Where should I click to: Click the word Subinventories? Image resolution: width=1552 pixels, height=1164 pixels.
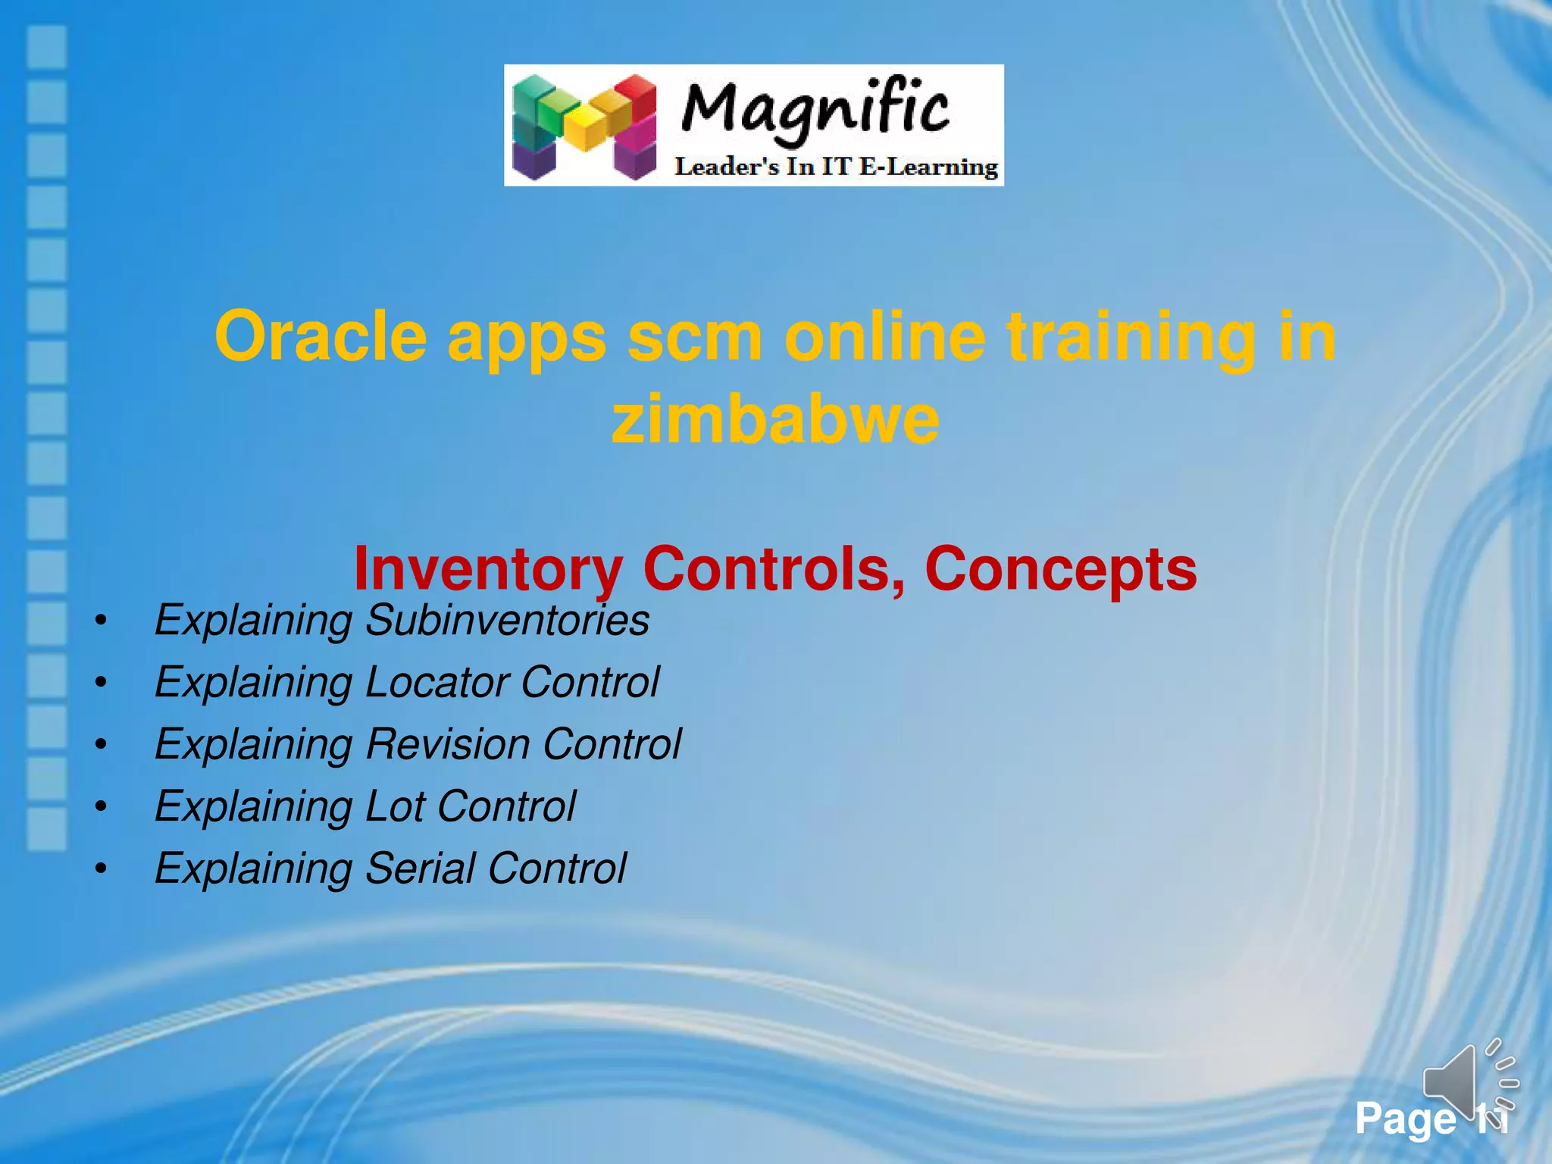pos(507,620)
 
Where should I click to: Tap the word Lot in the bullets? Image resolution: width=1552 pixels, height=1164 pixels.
pos(395,806)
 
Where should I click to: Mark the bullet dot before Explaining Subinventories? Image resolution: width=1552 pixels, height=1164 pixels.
pos(101,621)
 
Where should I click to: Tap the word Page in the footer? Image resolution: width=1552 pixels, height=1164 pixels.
pos(1406,1119)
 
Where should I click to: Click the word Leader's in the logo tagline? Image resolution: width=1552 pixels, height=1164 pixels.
pos(726,167)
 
